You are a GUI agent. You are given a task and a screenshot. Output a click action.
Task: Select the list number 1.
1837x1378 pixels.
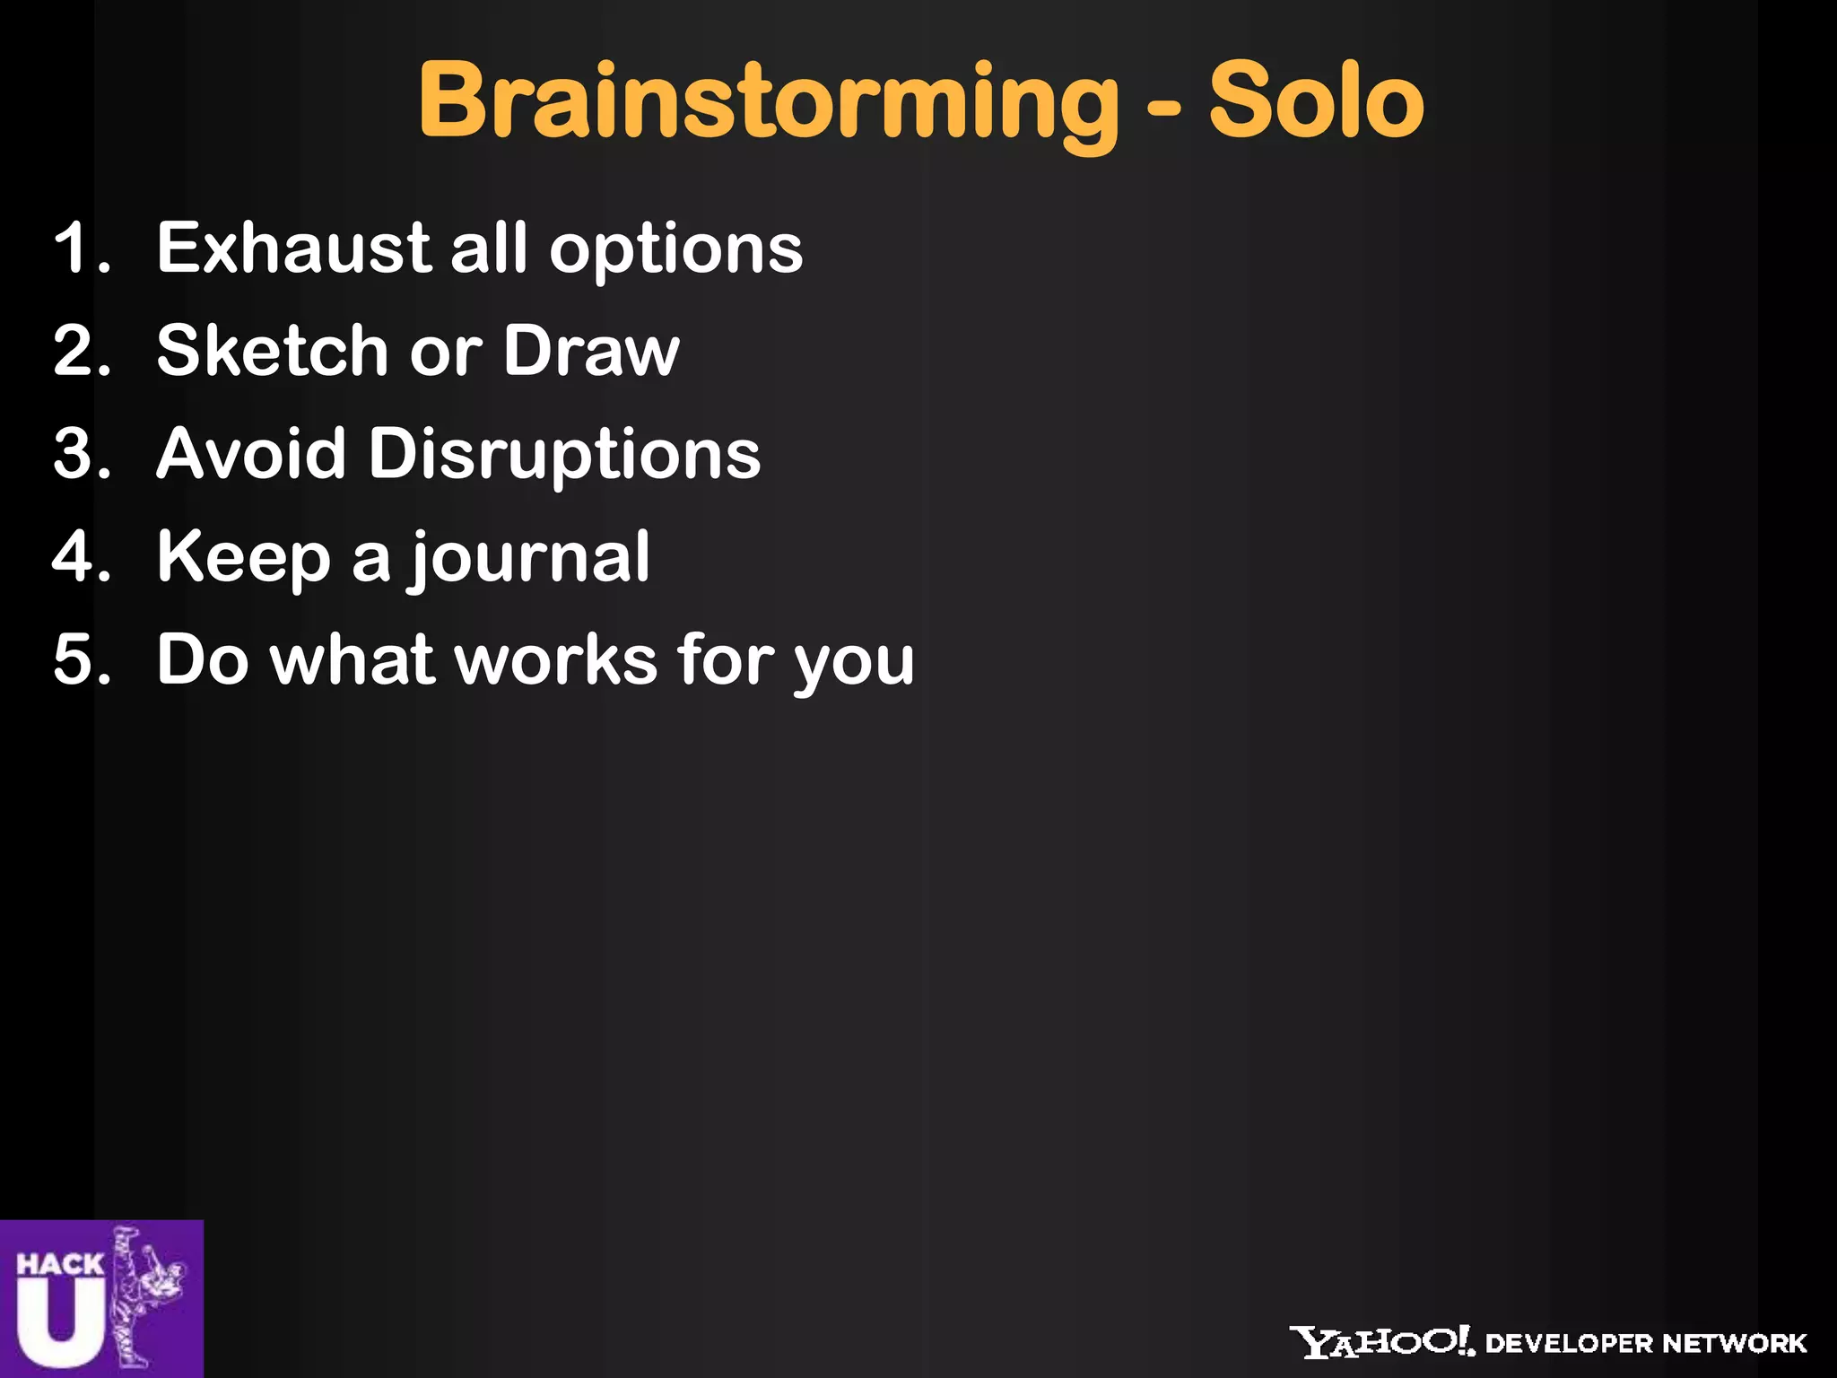[x=81, y=249]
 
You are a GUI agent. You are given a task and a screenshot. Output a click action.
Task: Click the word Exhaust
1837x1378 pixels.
[x=292, y=249]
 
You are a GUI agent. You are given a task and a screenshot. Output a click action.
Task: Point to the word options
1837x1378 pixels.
[x=675, y=251]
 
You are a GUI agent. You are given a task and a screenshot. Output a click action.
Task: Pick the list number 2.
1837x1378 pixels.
[x=81, y=351]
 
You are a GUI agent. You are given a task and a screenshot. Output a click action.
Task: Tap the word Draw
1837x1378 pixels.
[x=590, y=351]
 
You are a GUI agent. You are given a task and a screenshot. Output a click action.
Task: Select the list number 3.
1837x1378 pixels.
[x=81, y=454]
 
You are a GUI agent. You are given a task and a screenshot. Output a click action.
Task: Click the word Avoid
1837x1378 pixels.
[x=251, y=454]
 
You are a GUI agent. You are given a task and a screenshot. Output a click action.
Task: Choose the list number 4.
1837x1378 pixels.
[x=81, y=557]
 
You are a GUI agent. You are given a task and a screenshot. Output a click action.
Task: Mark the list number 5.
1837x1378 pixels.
[x=81, y=660]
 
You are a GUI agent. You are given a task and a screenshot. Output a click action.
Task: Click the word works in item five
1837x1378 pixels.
[x=555, y=660]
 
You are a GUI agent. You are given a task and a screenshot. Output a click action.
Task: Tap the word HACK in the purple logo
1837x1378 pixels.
[x=59, y=1265]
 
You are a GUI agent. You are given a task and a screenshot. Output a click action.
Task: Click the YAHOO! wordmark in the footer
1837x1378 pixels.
[x=1381, y=1342]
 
